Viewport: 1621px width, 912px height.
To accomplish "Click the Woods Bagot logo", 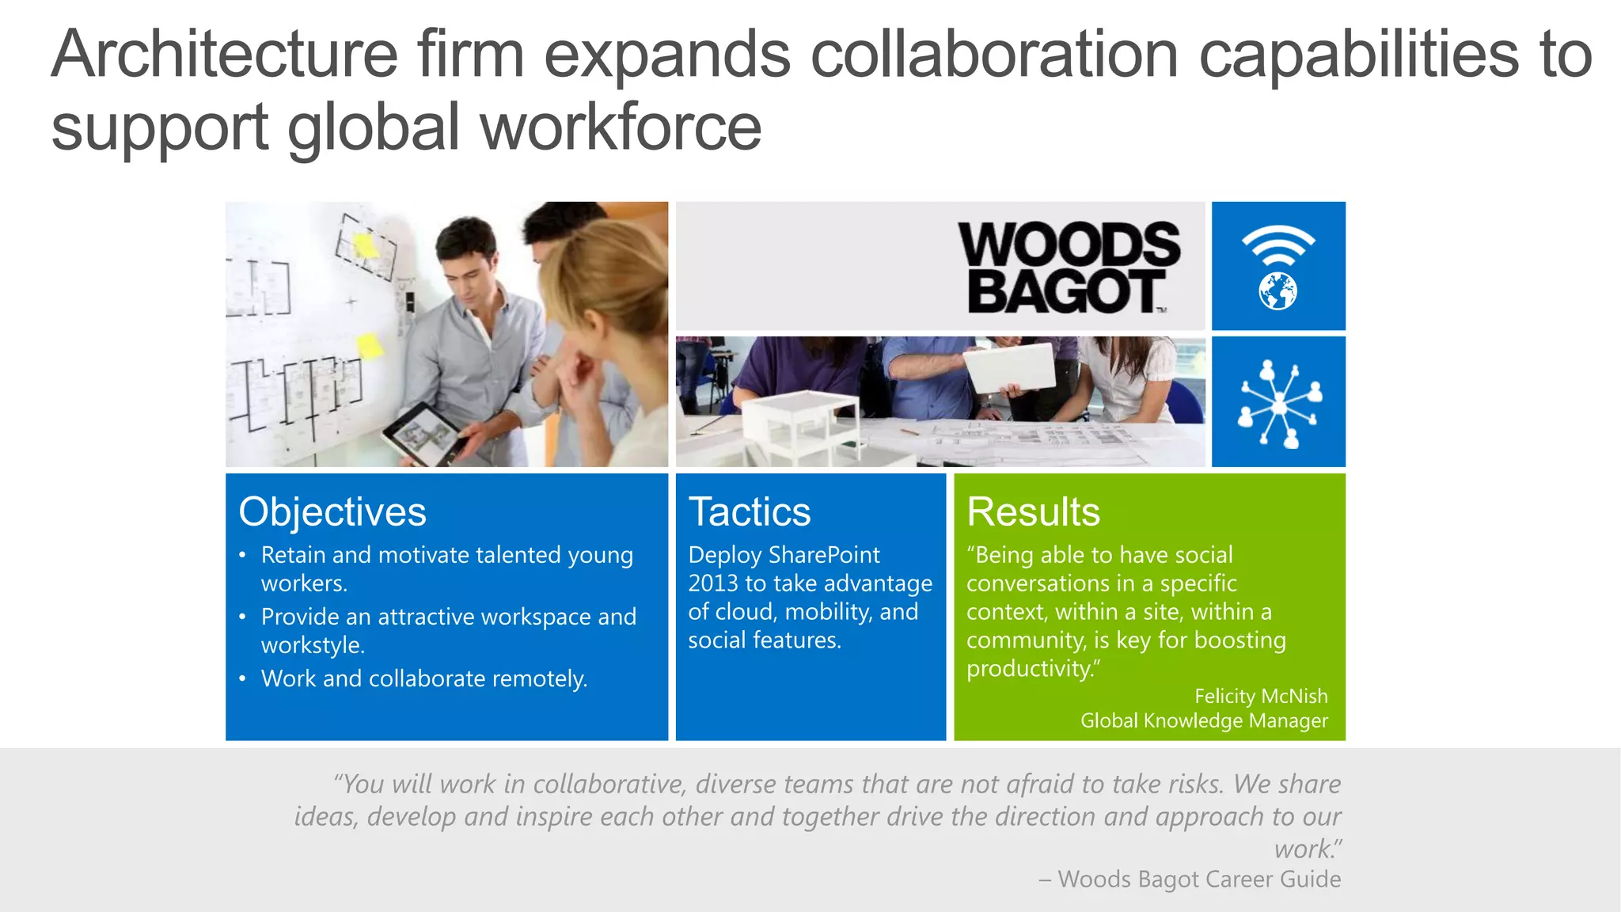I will point(1069,268).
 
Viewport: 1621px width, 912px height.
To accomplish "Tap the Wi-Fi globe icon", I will point(1277,267).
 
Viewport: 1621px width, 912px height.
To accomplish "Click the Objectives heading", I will point(332,512).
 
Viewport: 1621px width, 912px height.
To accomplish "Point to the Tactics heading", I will point(750,512).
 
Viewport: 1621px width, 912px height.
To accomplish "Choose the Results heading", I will point(1033,512).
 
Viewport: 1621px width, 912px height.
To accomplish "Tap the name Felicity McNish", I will point(1261,696).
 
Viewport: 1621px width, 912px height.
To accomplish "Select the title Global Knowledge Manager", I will point(1204,720).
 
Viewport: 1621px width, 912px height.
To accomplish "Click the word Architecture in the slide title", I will point(225,55).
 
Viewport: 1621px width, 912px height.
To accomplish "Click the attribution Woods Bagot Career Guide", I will point(1198,879).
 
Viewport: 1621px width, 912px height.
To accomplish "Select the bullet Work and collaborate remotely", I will point(424,678).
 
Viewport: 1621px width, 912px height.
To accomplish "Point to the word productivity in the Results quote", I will point(1029,669).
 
